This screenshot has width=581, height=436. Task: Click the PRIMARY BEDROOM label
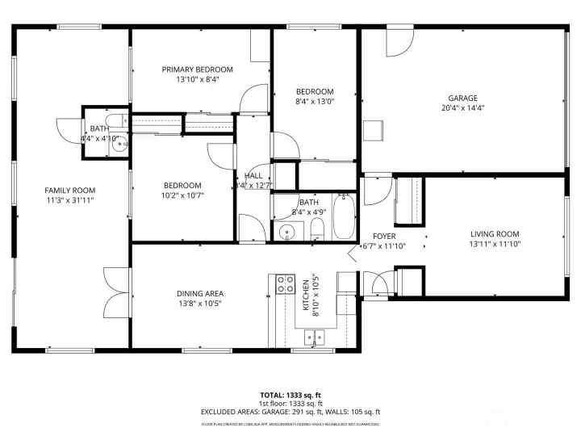(197, 69)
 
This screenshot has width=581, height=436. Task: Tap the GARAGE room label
(463, 98)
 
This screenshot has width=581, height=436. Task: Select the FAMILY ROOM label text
(69, 190)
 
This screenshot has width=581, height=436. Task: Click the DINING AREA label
(199, 293)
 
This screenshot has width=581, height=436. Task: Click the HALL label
(252, 176)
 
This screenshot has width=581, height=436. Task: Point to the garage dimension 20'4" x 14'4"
(463, 107)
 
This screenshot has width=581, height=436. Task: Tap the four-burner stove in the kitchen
(286, 283)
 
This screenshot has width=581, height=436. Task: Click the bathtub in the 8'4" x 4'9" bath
(345, 216)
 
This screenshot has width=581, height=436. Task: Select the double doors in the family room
(115, 293)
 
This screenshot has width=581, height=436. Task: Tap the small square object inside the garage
(372, 131)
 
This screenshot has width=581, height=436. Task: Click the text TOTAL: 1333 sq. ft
(290, 394)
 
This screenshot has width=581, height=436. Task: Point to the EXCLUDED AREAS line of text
(290, 412)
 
